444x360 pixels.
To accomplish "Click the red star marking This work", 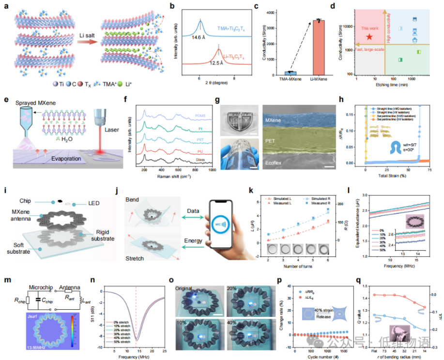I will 369,36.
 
